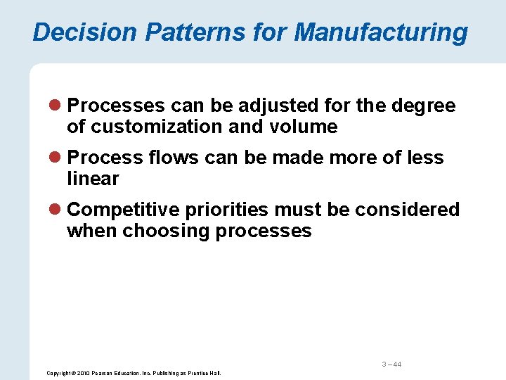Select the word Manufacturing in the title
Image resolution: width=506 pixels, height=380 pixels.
click(381, 32)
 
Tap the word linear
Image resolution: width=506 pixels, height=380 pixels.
click(93, 179)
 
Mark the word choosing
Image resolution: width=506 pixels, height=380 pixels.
click(166, 231)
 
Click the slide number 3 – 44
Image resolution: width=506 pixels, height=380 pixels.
click(391, 364)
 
